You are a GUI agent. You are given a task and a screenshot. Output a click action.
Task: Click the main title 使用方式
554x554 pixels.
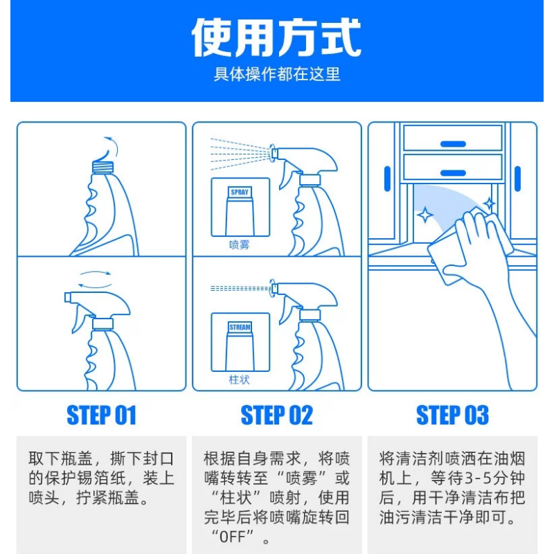pyautogui.click(x=276, y=37)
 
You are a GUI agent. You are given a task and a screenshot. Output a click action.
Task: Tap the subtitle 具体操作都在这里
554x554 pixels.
pyautogui.click(x=276, y=74)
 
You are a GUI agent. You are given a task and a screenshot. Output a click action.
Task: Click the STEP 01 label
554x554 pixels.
pyautogui.click(x=101, y=415)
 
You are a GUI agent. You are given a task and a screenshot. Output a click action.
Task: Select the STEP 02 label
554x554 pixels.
pyautogui.click(x=276, y=415)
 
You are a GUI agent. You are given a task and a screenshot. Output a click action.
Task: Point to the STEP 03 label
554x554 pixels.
pyautogui.click(x=452, y=415)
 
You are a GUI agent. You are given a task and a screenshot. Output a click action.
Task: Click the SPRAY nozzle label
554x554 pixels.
pyautogui.click(x=240, y=193)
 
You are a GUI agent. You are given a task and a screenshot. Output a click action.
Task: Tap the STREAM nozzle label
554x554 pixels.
pyautogui.click(x=240, y=327)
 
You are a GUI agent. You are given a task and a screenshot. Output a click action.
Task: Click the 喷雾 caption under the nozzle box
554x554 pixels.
pyautogui.click(x=239, y=244)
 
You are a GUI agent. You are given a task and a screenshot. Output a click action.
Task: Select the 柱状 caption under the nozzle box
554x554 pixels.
pyautogui.click(x=239, y=379)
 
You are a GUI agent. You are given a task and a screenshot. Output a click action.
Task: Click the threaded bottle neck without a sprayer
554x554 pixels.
pyautogui.click(x=102, y=167)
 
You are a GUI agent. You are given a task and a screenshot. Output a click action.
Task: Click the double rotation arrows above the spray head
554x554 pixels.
pyautogui.click(x=95, y=279)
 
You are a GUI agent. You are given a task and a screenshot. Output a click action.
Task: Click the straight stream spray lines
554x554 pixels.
pyautogui.click(x=240, y=289)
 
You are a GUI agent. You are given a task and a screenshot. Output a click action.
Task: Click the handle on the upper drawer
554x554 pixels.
pyautogui.click(x=453, y=144)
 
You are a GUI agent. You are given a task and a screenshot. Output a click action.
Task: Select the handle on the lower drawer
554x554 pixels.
pyautogui.click(x=453, y=172)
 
